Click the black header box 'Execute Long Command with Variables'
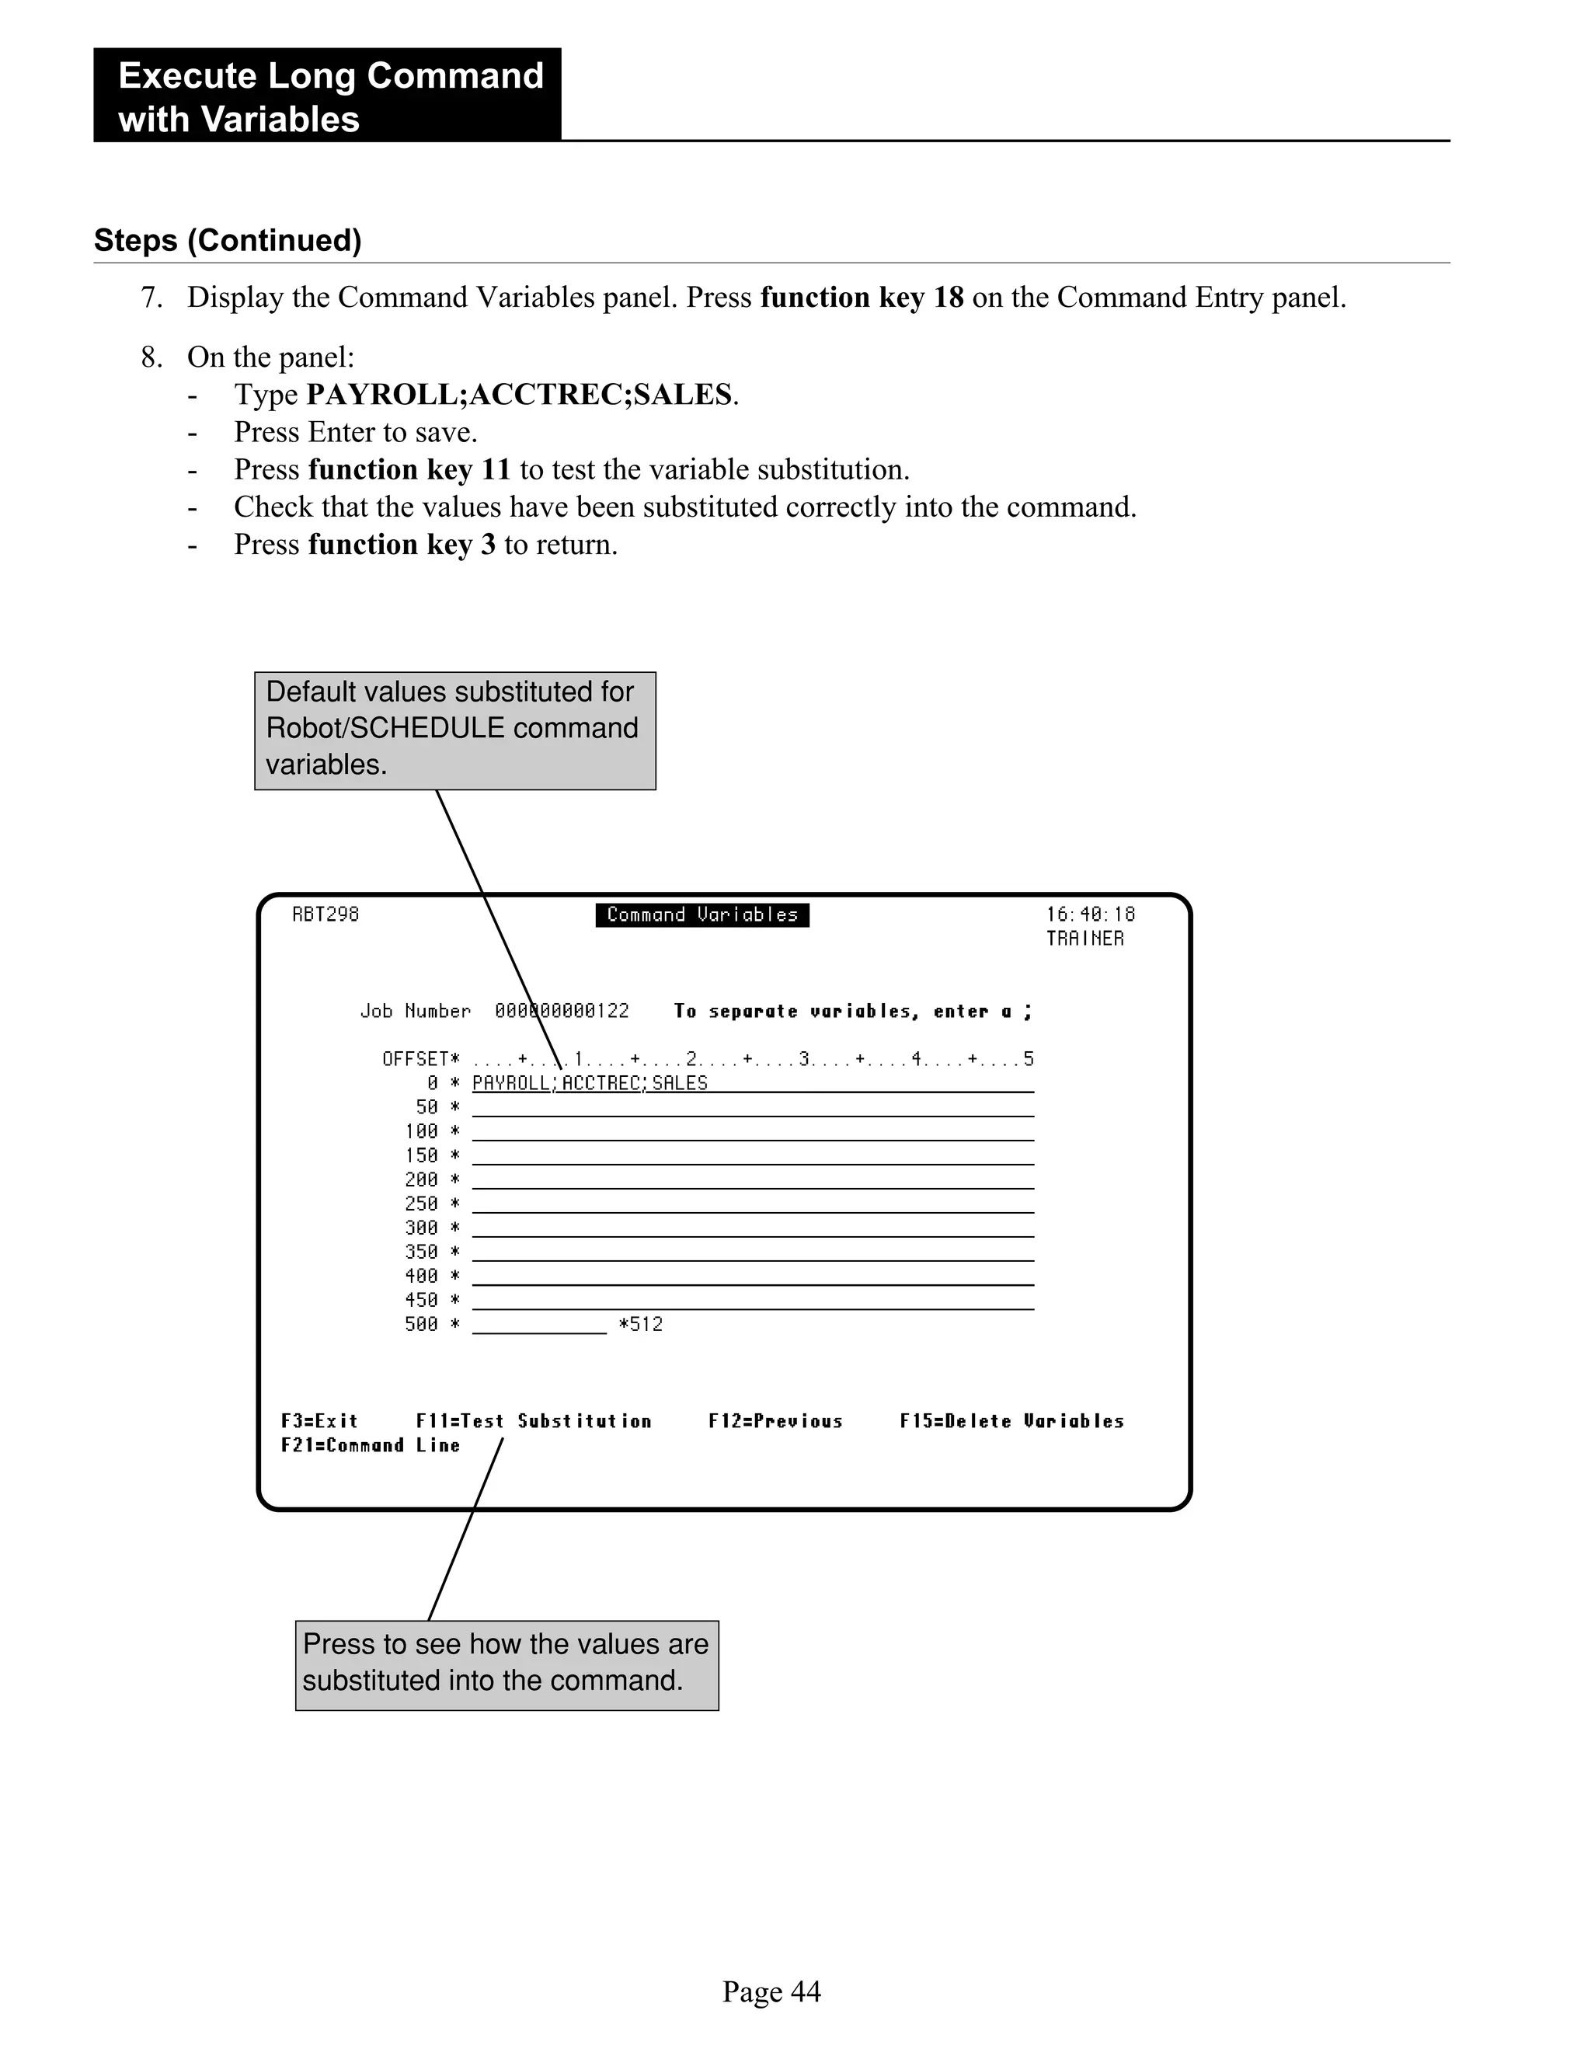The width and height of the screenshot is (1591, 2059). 327,96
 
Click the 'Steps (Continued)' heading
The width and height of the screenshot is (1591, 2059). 227,240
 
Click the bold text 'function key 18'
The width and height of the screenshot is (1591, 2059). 862,298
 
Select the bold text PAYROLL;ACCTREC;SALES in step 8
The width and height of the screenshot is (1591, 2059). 518,395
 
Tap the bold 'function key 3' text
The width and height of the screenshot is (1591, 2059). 402,545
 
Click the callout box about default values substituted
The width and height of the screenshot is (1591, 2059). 454,730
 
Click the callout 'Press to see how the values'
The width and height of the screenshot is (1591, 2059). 507,1665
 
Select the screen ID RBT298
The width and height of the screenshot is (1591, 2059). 326,915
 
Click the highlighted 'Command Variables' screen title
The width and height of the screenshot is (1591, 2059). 702,915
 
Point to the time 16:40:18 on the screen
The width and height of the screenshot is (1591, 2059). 1091,915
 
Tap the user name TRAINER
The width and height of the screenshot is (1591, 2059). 1084,939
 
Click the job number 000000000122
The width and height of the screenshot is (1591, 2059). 562,1012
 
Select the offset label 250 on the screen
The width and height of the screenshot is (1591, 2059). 421,1204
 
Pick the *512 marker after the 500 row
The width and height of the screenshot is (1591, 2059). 641,1325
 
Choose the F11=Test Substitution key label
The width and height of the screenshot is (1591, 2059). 534,1422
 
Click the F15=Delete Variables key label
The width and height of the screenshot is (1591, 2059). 1011,1422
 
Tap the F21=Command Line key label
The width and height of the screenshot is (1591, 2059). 371,1446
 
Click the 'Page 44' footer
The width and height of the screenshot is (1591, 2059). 771,1992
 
